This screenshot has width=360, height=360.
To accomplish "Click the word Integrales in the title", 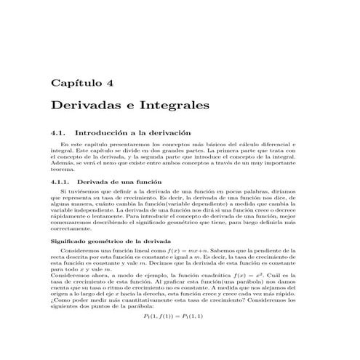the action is click(173, 106).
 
